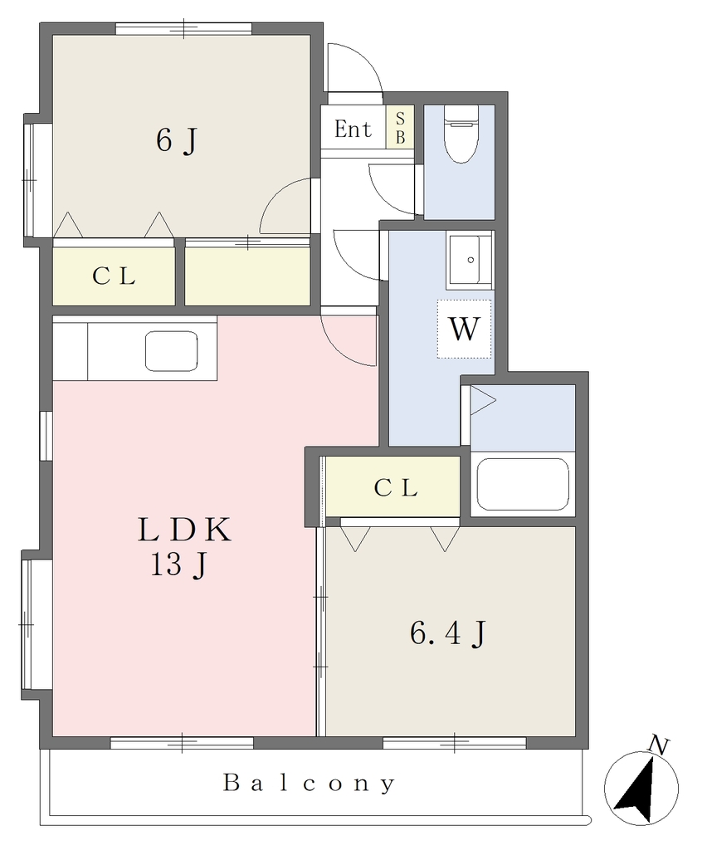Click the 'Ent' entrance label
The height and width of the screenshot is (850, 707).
point(353,129)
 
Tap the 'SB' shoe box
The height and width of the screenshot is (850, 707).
point(400,127)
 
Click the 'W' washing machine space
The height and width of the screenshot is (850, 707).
point(465,329)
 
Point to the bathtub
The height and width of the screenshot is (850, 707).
point(523,484)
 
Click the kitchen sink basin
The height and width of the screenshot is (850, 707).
point(171,351)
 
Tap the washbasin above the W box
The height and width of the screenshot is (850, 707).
point(470,260)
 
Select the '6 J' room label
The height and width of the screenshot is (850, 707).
point(176,140)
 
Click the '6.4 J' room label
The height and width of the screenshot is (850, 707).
point(448,633)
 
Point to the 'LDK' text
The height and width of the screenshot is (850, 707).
point(185,530)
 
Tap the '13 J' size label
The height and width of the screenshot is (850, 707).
point(178,565)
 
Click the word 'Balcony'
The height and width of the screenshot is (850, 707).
point(309,784)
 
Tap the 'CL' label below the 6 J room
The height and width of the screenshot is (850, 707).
point(114,276)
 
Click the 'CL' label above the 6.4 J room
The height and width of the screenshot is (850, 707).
point(396,488)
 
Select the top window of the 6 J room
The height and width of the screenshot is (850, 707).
point(183,28)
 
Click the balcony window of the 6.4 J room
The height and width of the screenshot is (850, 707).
point(455,743)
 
